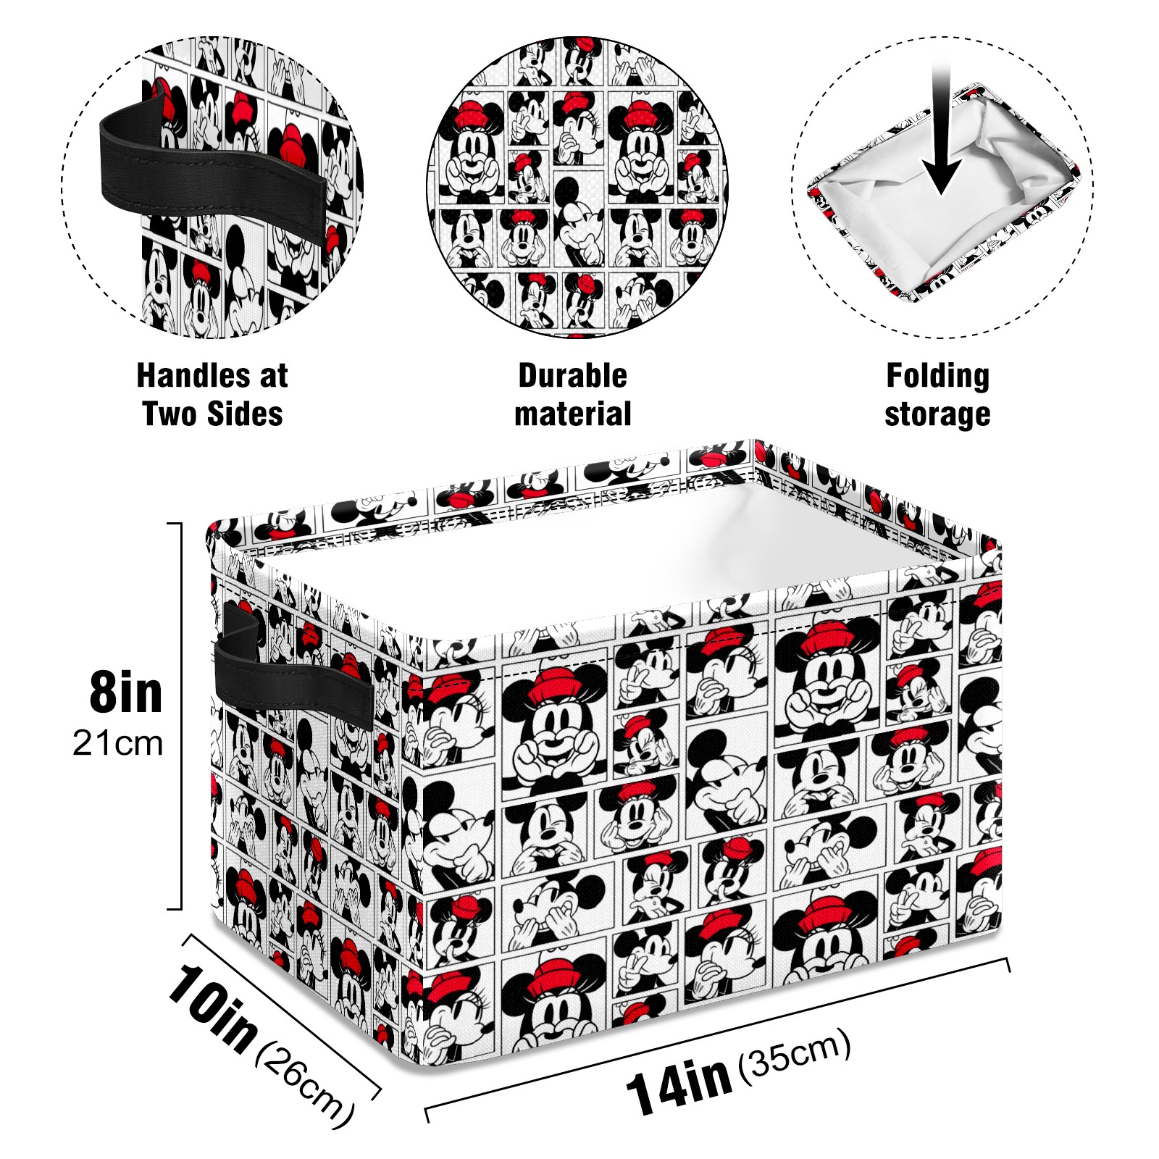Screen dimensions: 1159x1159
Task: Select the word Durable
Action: [x=572, y=375]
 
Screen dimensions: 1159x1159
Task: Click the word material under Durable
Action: [x=572, y=414]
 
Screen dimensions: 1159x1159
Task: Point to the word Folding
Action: [x=937, y=377]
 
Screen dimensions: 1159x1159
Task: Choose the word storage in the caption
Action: [x=937, y=415]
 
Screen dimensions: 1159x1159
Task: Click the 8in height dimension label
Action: [x=125, y=693]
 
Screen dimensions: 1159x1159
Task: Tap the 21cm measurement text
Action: [x=117, y=744]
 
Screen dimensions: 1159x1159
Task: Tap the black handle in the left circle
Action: [x=210, y=163]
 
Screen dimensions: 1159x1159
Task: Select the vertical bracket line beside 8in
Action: [x=179, y=716]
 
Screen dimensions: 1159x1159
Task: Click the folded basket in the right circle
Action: [x=942, y=192]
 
